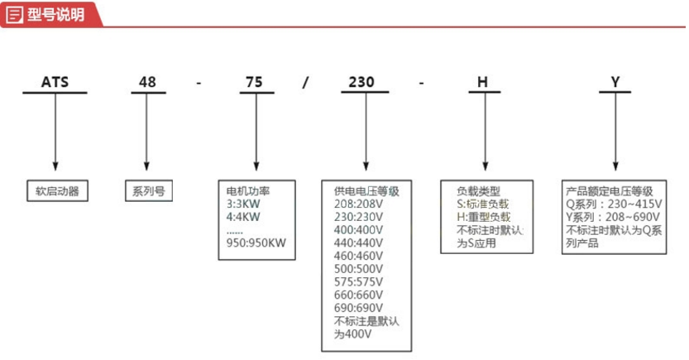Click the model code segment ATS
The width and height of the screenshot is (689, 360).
(x=56, y=82)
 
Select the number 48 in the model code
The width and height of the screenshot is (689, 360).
(x=146, y=82)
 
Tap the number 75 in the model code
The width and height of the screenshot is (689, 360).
(x=255, y=82)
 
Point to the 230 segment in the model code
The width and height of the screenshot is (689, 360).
(x=364, y=82)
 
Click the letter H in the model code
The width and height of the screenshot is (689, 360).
(x=483, y=82)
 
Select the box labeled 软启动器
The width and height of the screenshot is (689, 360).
(x=56, y=190)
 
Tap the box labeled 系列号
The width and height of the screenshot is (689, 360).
(x=148, y=190)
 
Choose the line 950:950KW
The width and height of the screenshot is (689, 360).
(x=256, y=243)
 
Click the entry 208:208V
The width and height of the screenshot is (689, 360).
(x=358, y=203)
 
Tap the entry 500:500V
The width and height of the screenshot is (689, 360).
(x=358, y=269)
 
